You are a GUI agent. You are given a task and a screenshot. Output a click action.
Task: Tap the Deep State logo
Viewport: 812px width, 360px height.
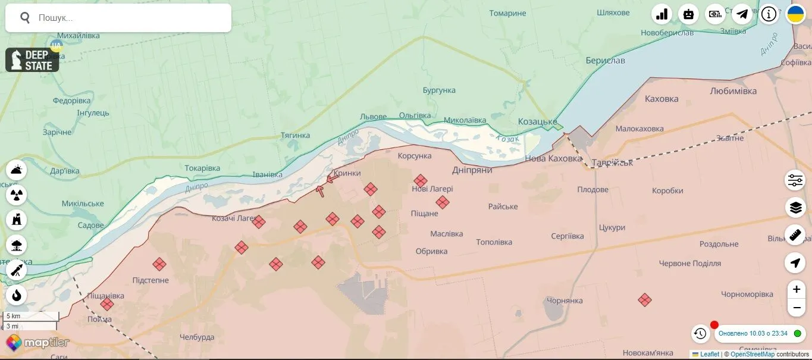[32, 60]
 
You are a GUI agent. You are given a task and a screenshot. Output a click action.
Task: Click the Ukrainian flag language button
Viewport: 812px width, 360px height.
[795, 14]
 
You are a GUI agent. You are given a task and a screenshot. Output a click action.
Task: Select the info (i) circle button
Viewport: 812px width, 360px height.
[769, 14]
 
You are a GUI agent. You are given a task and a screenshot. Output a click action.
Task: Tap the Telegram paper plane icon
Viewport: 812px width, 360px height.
[741, 14]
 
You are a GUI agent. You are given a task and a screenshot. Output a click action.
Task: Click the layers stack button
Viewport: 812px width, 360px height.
[795, 208]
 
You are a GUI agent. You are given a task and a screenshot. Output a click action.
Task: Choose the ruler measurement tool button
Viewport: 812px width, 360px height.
[795, 235]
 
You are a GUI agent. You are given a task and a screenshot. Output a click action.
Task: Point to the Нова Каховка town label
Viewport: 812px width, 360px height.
[553, 158]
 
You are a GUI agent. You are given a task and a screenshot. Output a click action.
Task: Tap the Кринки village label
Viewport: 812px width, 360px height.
[347, 173]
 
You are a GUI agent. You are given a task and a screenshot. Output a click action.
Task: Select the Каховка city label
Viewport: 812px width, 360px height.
[661, 99]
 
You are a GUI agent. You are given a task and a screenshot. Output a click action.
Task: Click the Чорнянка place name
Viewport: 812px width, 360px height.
[564, 300]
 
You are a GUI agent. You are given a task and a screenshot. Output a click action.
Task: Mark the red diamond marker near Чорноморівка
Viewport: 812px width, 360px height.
[644, 300]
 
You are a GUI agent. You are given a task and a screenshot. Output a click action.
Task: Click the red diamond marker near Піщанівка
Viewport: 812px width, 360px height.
[107, 304]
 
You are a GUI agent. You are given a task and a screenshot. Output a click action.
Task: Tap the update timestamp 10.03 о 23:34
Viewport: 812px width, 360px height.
[753, 333]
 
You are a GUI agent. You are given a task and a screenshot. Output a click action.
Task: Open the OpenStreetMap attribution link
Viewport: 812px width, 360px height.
[752, 355]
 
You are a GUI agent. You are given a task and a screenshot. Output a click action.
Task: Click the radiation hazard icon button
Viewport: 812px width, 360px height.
[17, 195]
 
